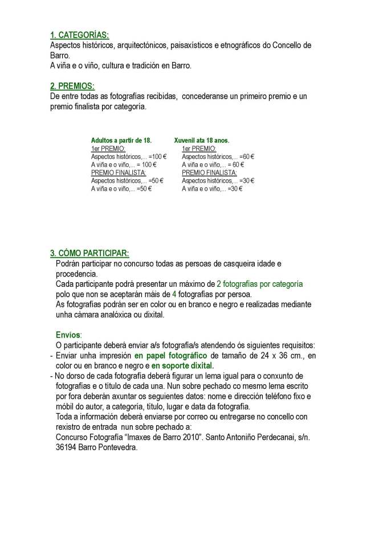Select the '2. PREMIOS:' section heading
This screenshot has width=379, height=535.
click(x=72, y=86)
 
